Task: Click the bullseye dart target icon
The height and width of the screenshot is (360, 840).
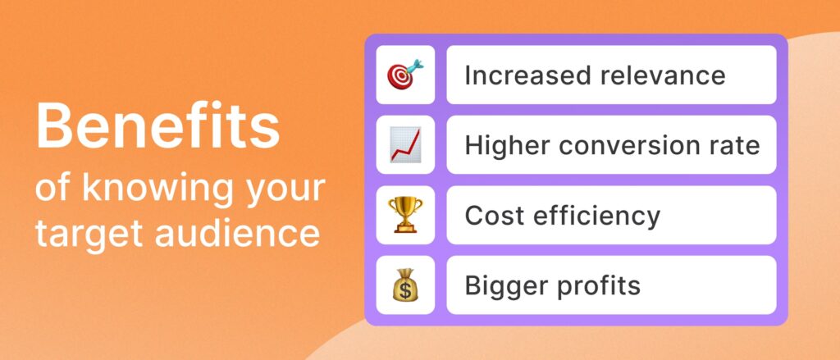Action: point(405,75)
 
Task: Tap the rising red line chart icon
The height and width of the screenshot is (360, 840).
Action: point(405,144)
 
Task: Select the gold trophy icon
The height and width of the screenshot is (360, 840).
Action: point(405,215)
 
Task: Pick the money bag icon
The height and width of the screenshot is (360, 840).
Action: point(405,285)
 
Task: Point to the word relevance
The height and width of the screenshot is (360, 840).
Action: point(662,75)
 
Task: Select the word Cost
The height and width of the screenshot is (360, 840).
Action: point(491,216)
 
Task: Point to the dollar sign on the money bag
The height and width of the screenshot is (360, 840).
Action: point(405,290)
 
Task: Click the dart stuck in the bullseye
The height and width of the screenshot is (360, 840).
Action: point(413,68)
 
